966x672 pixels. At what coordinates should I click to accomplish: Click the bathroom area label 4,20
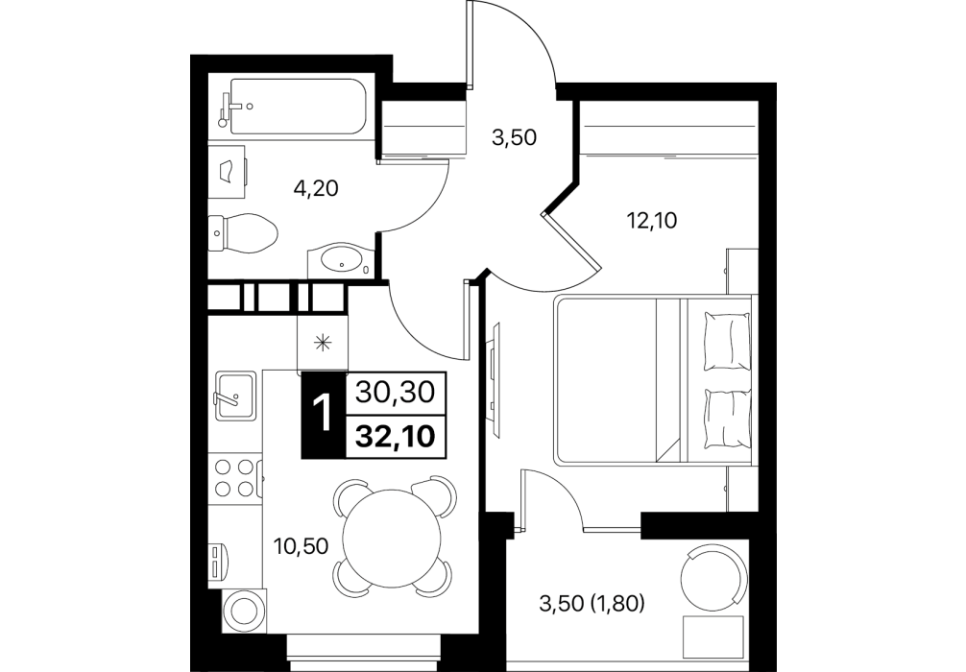pos(316,188)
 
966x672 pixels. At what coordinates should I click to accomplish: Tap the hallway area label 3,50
pos(514,137)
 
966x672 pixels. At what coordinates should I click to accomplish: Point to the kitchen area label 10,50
pos(302,545)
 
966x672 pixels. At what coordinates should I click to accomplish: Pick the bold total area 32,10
pos(396,437)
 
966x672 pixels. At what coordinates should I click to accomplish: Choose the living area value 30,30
pos(396,392)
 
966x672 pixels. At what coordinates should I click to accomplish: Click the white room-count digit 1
pos(323,414)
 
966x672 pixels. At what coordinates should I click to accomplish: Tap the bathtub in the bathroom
pos(294,106)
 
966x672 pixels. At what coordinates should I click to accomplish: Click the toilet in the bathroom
pos(243,232)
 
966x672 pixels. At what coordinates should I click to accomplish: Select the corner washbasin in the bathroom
pos(342,259)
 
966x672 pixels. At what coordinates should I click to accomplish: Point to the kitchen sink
pos(234,396)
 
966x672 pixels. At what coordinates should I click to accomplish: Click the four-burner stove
pos(235,478)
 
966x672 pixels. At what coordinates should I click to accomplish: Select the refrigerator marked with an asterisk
pos(323,342)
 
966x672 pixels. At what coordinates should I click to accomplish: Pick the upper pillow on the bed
pos(728,341)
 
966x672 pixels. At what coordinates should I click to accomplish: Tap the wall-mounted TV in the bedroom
pos(495,379)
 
